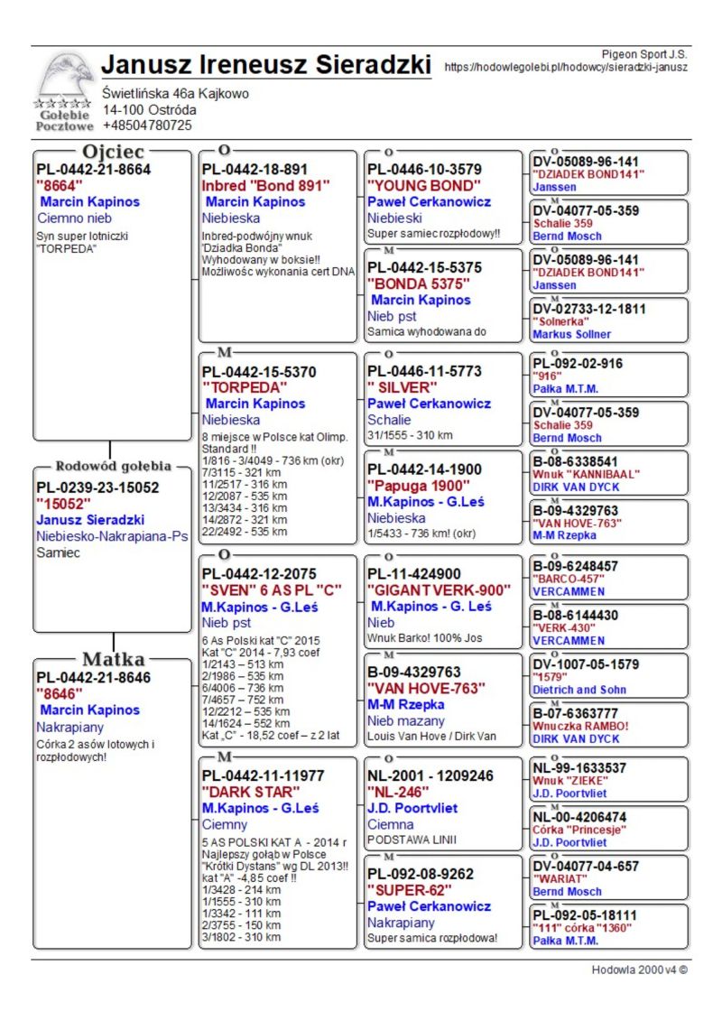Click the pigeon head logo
[x=65, y=77]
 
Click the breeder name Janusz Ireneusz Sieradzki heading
[x=266, y=65]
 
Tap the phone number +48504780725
[x=147, y=125]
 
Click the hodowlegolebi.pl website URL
[x=566, y=67]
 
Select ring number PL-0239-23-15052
[x=97, y=487]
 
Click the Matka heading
[x=113, y=658]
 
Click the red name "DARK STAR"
[x=249, y=792]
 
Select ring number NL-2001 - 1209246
[x=430, y=775]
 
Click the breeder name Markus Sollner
[x=571, y=334]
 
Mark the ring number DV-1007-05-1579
[x=586, y=664]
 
